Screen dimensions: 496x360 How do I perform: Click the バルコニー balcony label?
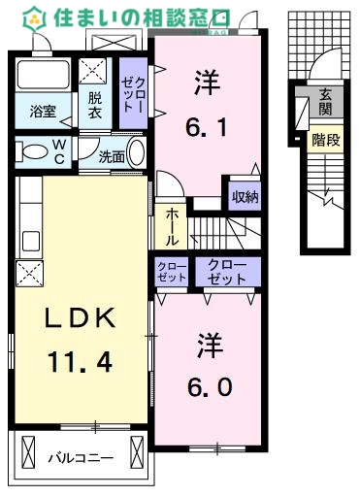[81, 456]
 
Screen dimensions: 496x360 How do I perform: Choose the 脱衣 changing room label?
[94, 105]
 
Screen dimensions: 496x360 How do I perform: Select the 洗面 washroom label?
[112, 154]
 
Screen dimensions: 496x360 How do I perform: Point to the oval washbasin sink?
[137, 153]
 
